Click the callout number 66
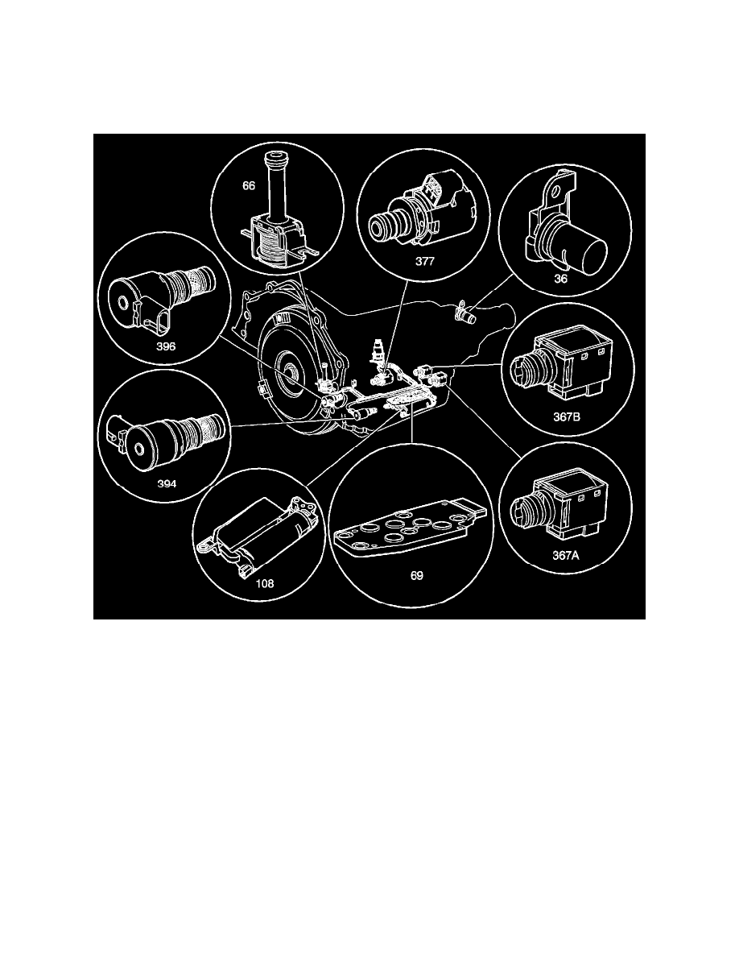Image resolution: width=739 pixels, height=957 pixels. (249, 185)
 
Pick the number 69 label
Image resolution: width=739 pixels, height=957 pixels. (415, 578)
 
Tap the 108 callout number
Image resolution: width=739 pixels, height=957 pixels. (253, 583)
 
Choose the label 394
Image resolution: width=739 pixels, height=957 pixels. (165, 486)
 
